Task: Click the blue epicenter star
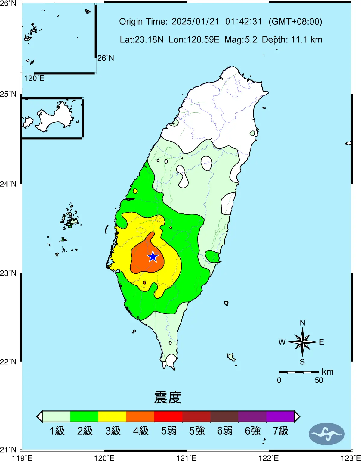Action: pos(153,257)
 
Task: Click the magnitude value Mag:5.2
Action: pos(241,40)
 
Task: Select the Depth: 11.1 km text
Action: pos(292,40)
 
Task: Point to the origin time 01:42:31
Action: pos(244,22)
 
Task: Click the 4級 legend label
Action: pos(141,431)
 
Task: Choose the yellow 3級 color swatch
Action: pos(112,416)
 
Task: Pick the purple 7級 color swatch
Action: pos(280,416)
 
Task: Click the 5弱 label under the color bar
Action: pos(169,431)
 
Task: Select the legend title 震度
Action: pos(168,397)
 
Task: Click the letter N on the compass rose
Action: pos(302,323)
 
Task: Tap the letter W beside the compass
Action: pos(282,342)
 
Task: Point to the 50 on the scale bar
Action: pos(319,380)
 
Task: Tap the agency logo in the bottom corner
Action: pos(326,434)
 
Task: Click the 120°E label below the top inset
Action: pos(34,78)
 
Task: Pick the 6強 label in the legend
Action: pos(253,431)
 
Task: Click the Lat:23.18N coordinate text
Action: pos(141,40)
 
